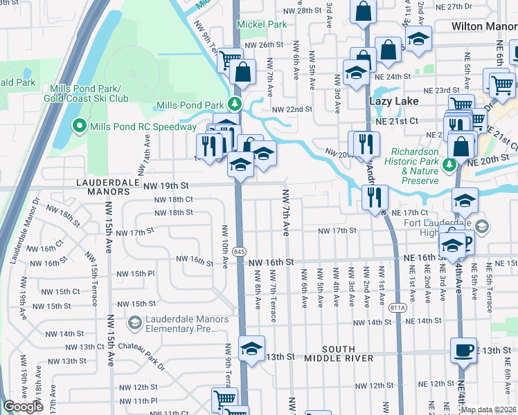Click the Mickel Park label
click(262, 24)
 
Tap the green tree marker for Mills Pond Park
click(235, 105)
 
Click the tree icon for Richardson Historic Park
click(449, 165)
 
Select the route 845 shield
click(239, 250)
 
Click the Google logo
click(23, 407)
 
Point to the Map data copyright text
click(488, 409)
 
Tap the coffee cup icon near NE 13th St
click(463, 349)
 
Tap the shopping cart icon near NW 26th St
click(230, 60)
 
